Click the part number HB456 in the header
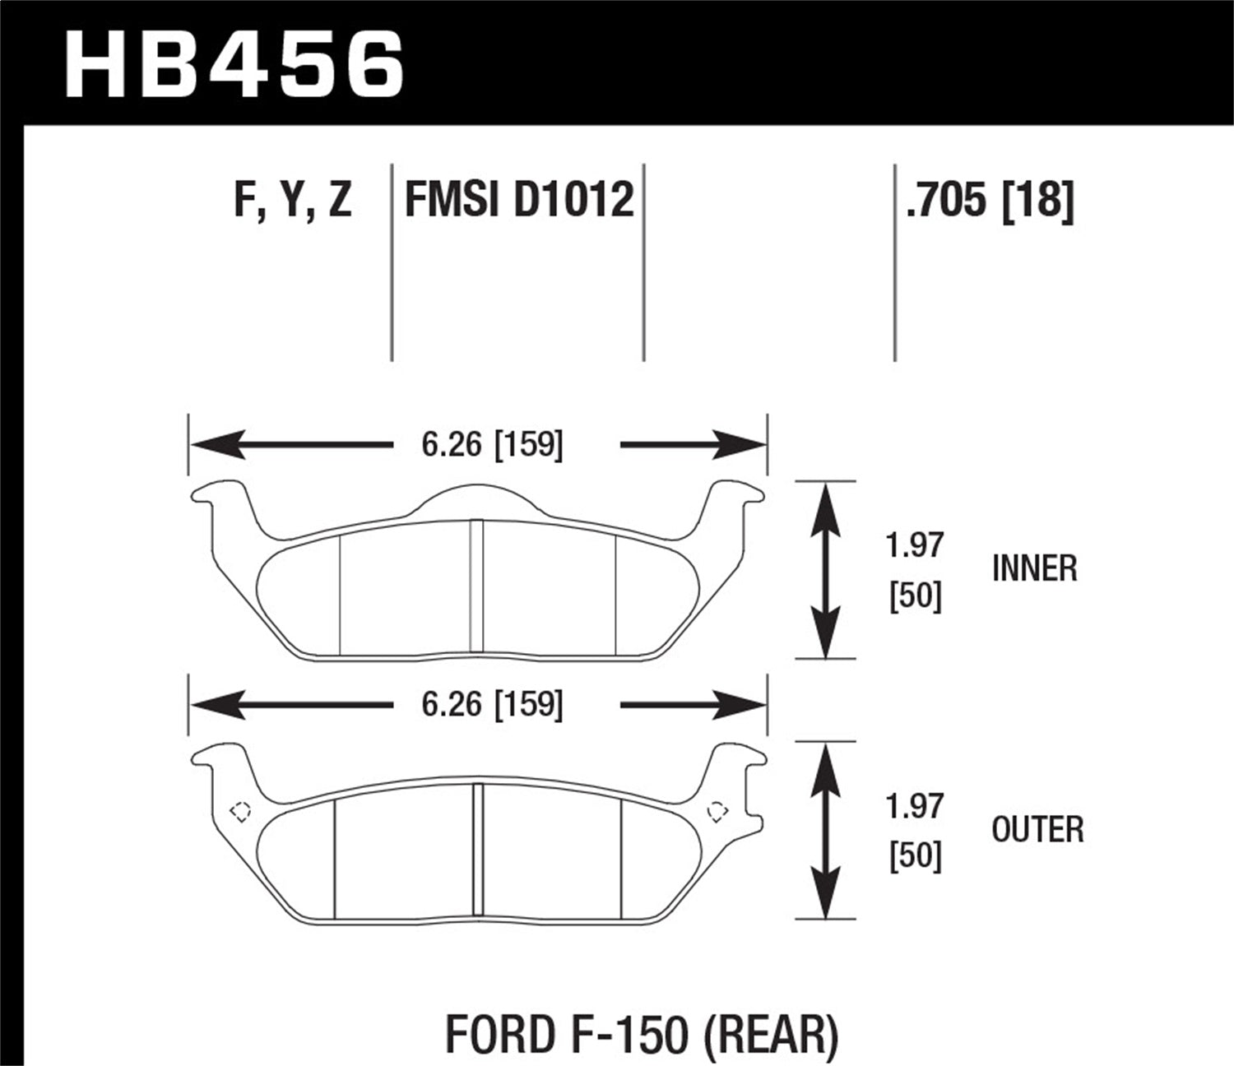click(234, 64)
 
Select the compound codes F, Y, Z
click(293, 201)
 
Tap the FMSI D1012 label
click(519, 201)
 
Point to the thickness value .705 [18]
click(989, 201)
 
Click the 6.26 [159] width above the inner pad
click(492, 445)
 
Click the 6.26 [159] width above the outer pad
click(492, 705)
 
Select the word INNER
click(1034, 569)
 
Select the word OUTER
click(1037, 830)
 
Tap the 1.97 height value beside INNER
click(915, 546)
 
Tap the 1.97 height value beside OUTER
click(915, 807)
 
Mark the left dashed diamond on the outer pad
click(240, 811)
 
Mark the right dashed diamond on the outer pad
click(717, 811)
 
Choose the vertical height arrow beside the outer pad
click(825, 830)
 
